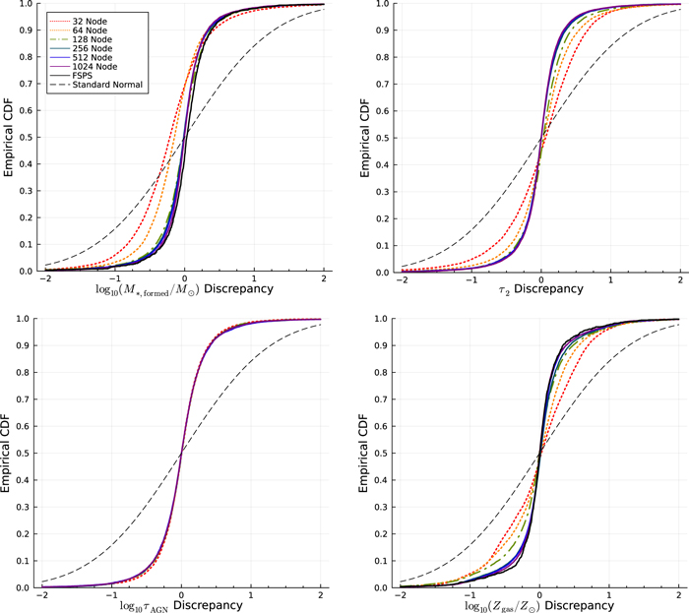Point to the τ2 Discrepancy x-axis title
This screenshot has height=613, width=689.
538,290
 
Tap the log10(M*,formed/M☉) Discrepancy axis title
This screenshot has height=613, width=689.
182,290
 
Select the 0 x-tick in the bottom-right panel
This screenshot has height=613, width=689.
539,596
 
